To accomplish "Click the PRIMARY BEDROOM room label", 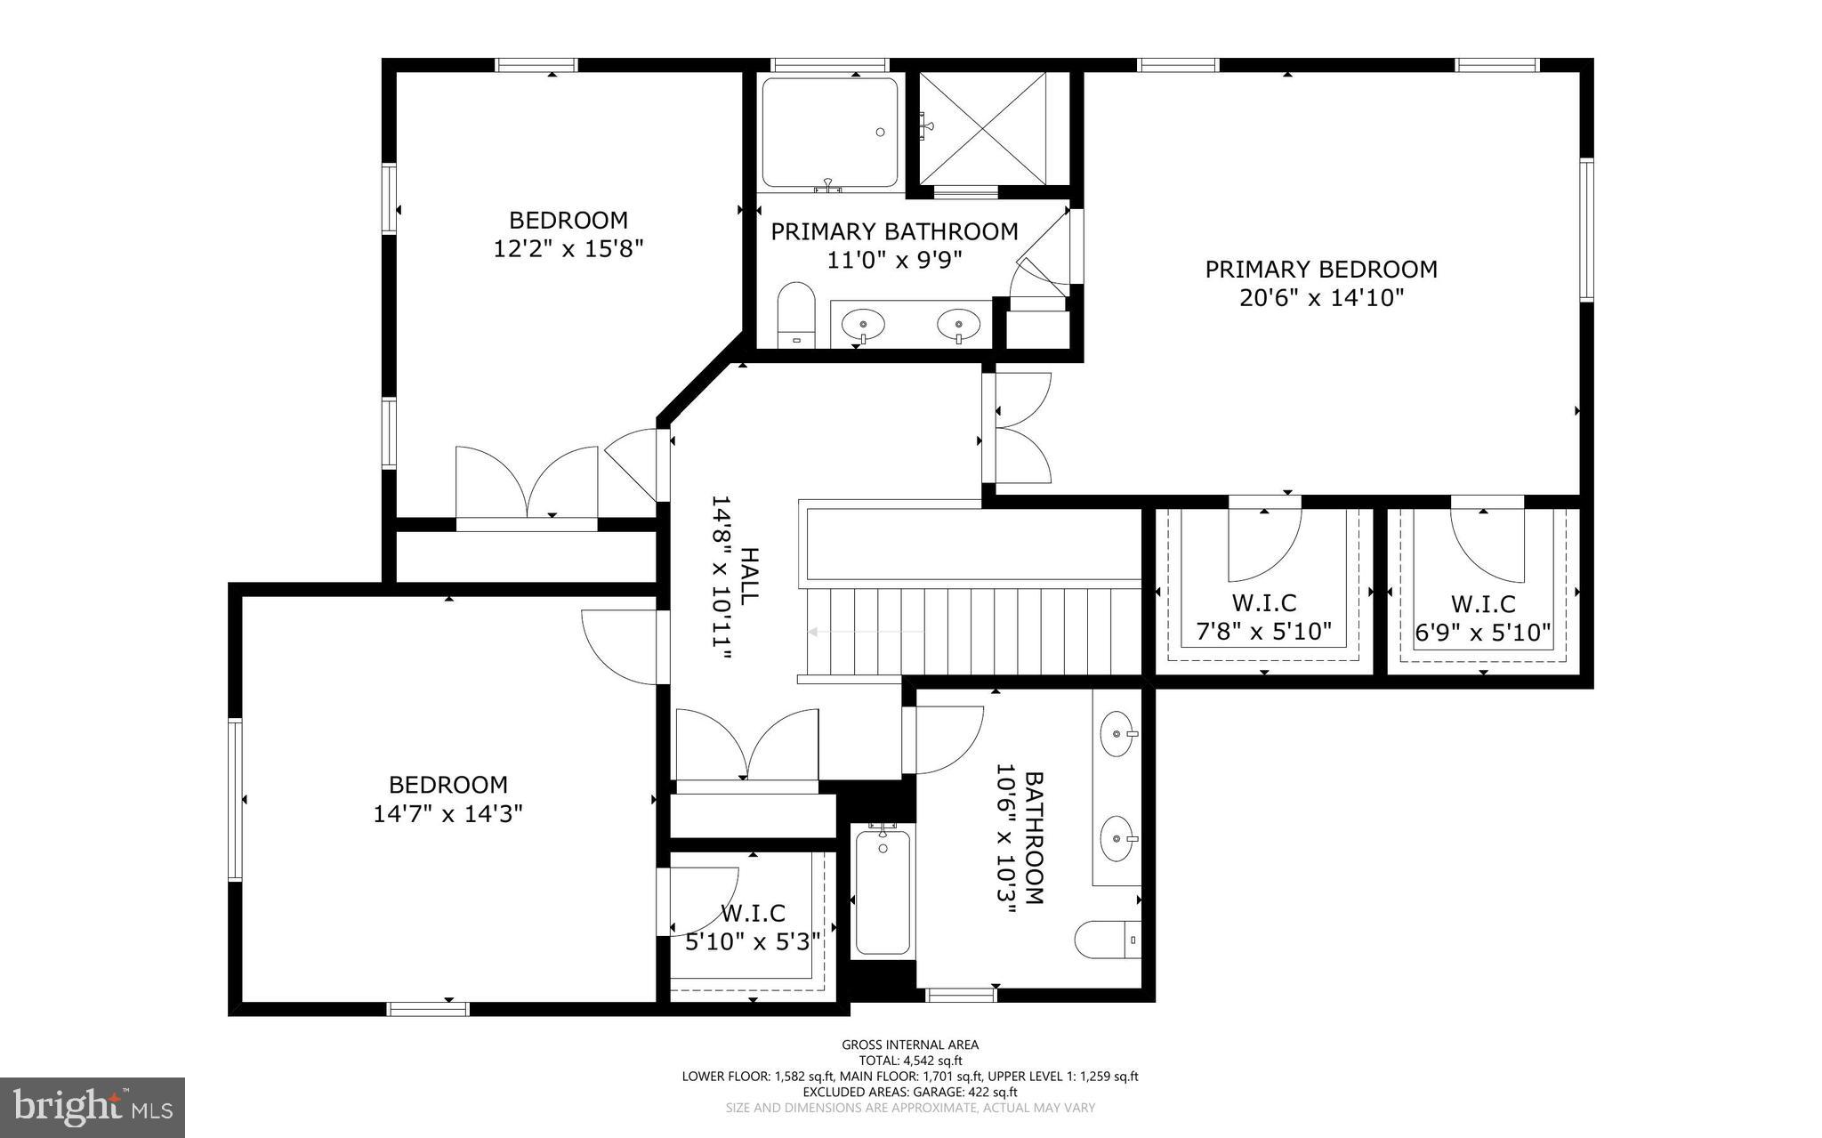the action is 1320,269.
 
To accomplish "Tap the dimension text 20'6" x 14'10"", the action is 1321,297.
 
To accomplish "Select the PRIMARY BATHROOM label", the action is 894,231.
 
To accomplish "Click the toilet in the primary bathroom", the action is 795,316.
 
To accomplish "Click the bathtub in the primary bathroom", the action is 830,133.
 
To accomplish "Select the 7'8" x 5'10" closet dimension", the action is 1263,632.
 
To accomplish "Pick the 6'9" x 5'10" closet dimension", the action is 1483,633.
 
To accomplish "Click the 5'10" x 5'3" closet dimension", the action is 753,941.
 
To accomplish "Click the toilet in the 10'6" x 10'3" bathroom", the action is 1108,940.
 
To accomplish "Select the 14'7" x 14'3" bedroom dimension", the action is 447,813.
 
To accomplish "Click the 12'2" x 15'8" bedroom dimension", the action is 568,247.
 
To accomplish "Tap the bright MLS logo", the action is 93,1108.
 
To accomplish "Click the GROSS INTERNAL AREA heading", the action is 910,1045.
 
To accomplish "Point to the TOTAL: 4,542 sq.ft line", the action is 910,1061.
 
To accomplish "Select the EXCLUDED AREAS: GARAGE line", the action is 910,1092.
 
